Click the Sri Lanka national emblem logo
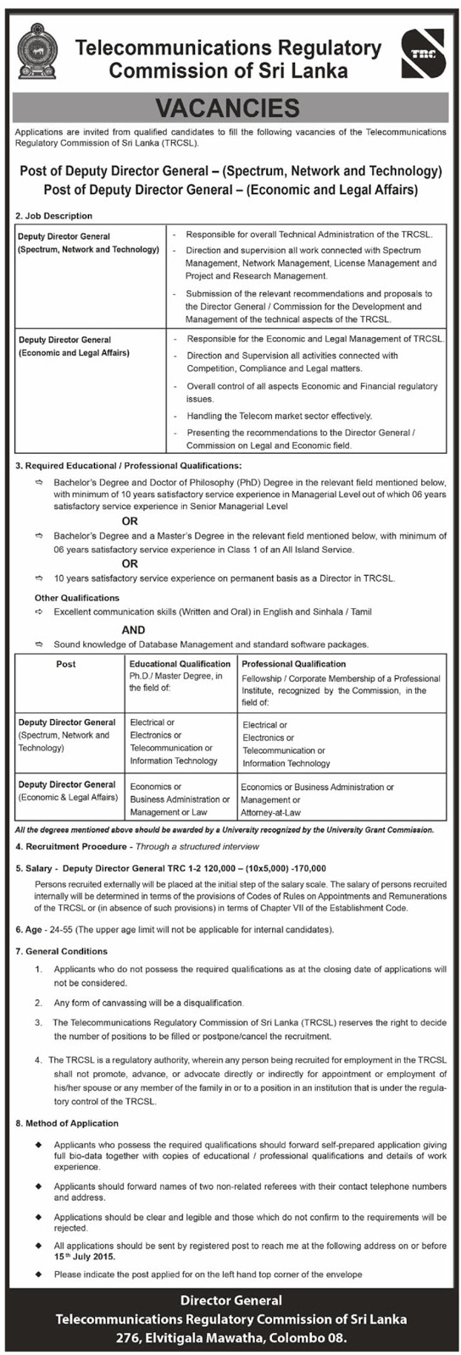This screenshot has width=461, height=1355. pyautogui.click(x=36, y=52)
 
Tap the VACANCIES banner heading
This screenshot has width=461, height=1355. pyautogui.click(x=230, y=108)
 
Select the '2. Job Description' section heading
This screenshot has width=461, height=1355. pyautogui.click(x=53, y=216)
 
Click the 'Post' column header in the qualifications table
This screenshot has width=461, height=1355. pyautogui.click(x=66, y=664)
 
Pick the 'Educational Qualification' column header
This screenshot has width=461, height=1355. pyautogui.click(x=180, y=664)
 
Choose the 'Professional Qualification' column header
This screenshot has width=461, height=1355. pyautogui.click(x=293, y=664)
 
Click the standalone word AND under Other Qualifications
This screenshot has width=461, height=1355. pyautogui.click(x=133, y=629)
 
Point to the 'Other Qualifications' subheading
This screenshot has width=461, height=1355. pyautogui.click(x=77, y=598)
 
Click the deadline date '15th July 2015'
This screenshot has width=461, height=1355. pyautogui.click(x=84, y=1257)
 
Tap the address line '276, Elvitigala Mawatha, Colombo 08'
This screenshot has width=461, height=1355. pyautogui.click(x=230, y=1337)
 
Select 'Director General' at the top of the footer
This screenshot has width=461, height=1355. pyautogui.click(x=230, y=1300)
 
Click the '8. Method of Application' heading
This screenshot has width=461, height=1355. pyautogui.click(x=67, y=1123)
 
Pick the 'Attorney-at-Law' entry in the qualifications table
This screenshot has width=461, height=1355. pyautogui.click(x=272, y=812)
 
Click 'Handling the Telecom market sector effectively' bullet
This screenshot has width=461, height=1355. pyautogui.click(x=279, y=416)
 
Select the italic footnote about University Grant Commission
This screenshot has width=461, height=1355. pyautogui.click(x=225, y=830)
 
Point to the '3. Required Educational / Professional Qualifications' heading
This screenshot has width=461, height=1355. pyautogui.click(x=128, y=466)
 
